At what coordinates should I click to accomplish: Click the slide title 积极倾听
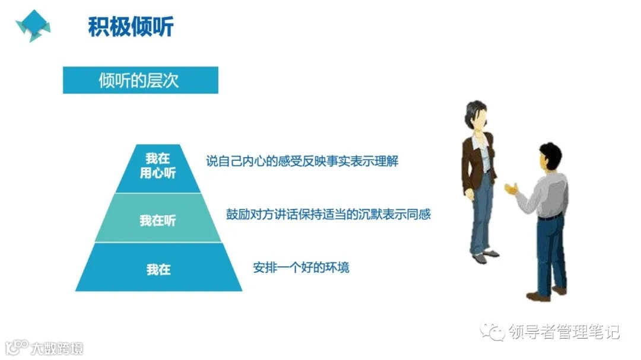point(131,27)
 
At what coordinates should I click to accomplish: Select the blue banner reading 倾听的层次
point(141,80)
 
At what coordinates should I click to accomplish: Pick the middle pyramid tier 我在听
point(158,221)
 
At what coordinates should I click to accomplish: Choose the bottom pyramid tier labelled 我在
point(158,269)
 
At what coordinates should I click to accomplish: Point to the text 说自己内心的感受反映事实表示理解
point(302,161)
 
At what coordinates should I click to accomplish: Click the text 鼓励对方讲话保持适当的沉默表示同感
point(328,214)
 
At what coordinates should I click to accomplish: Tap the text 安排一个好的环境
point(301,267)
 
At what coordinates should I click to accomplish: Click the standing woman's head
point(476,116)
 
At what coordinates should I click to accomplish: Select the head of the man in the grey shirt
point(551,158)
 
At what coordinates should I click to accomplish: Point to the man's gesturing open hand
point(511,189)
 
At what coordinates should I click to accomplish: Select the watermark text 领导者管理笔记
point(564,332)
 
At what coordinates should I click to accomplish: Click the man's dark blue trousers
point(551,252)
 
